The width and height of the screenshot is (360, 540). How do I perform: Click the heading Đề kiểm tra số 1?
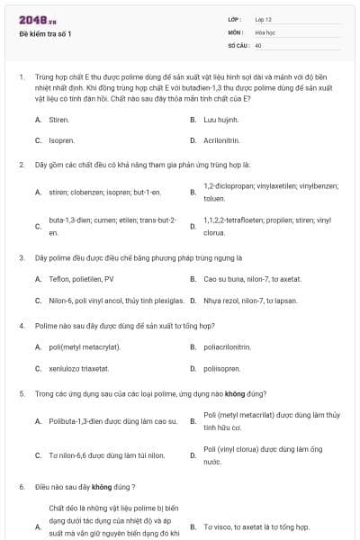point(45,34)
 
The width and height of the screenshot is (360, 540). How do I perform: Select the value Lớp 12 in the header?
point(264,19)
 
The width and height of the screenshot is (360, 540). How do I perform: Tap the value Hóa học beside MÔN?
point(265,31)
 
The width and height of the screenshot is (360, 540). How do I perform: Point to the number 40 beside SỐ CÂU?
point(258,44)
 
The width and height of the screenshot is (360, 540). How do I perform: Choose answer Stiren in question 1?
point(58,119)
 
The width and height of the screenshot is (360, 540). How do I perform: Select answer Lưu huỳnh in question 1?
point(220,119)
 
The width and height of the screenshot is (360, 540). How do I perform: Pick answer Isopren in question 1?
point(61,140)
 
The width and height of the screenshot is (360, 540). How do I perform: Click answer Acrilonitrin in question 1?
point(226,140)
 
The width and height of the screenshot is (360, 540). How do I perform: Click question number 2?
point(22,165)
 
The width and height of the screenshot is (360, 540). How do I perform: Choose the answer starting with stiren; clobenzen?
point(104,192)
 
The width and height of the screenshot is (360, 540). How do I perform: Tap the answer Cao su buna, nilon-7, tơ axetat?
point(251,279)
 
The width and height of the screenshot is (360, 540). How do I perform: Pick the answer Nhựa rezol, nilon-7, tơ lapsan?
point(251,301)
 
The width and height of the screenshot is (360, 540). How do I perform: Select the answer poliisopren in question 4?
point(224,368)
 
